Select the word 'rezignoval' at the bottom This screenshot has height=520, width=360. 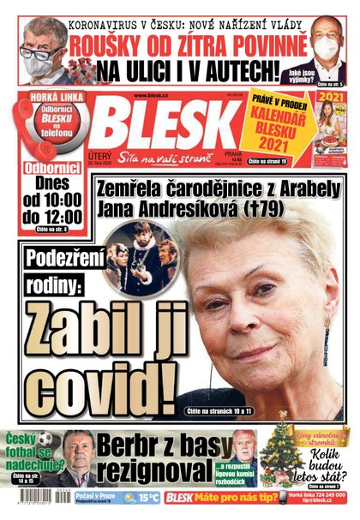point(155,472)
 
